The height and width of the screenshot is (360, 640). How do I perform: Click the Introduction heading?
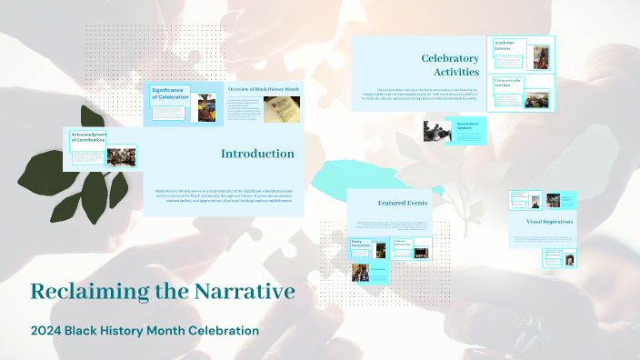[257, 154]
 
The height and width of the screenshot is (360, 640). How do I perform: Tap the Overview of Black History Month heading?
[264, 89]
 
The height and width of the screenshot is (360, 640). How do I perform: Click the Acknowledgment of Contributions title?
[88, 137]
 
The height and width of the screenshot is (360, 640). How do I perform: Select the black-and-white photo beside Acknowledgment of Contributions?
[121, 156]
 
